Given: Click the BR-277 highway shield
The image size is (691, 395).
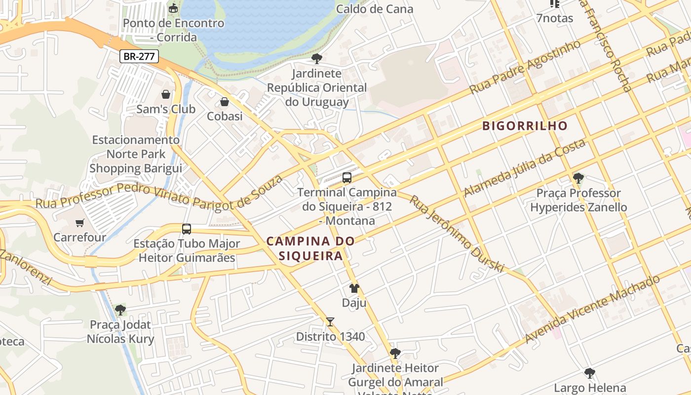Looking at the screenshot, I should [139, 56].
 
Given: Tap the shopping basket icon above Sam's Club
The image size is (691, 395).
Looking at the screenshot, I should [166, 94].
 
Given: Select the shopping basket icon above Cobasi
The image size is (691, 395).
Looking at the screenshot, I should [225, 102].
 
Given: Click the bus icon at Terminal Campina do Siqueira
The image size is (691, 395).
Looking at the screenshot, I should [347, 178].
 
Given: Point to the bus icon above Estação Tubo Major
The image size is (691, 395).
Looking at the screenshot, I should [187, 229].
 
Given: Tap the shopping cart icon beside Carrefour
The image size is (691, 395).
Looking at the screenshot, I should [80, 223].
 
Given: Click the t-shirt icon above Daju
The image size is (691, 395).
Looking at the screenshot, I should [354, 288].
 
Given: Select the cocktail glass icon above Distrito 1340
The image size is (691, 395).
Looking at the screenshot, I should [330, 322].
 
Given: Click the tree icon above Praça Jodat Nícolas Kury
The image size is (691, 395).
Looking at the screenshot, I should [120, 310].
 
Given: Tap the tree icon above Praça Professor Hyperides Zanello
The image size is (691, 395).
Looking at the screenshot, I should [578, 178].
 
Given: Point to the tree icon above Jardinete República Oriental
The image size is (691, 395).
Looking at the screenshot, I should [316, 59].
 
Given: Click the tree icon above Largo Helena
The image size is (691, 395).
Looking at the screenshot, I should [589, 373].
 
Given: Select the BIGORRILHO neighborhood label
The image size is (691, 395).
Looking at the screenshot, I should [525, 126].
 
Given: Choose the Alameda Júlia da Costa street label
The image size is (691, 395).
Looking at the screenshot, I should [525, 168].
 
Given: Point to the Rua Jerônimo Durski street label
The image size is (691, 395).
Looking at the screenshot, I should [457, 234].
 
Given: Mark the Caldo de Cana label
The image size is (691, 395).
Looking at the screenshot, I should [375, 9].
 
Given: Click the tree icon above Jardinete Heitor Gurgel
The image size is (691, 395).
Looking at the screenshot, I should [395, 354].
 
